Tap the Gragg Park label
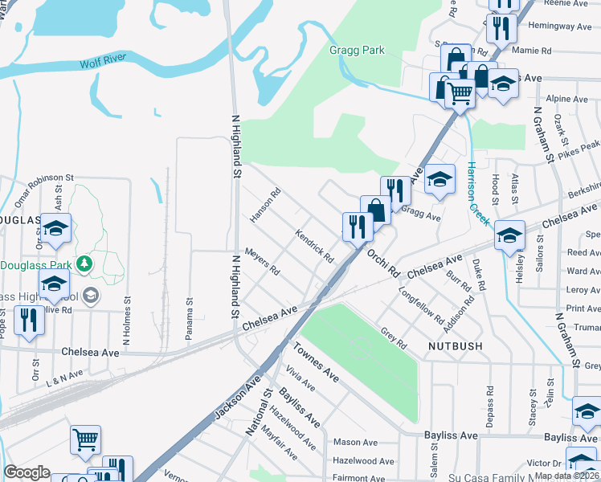[357, 51]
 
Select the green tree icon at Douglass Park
[84, 263]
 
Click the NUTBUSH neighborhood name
[435, 348]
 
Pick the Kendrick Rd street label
[314, 247]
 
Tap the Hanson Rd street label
[264, 204]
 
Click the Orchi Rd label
[383, 263]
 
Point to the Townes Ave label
[317, 361]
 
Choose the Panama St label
[190, 320]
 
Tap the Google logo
[27, 472]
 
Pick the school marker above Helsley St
[509, 236]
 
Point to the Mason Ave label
[355, 443]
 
